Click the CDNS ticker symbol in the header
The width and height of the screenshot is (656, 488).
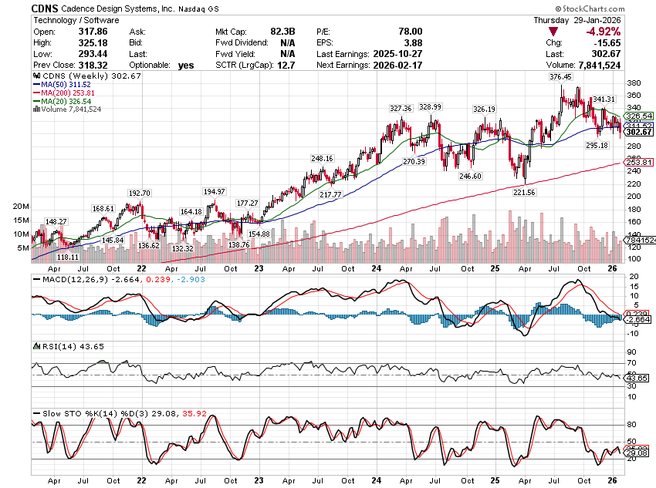46,8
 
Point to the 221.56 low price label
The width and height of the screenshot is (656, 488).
524,192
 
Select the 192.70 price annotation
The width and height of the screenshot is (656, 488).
139,193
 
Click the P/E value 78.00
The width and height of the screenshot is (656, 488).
409,32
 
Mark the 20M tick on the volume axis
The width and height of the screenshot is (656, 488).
20,207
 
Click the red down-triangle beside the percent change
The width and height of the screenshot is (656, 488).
553,32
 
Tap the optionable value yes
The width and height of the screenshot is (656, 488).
185,66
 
